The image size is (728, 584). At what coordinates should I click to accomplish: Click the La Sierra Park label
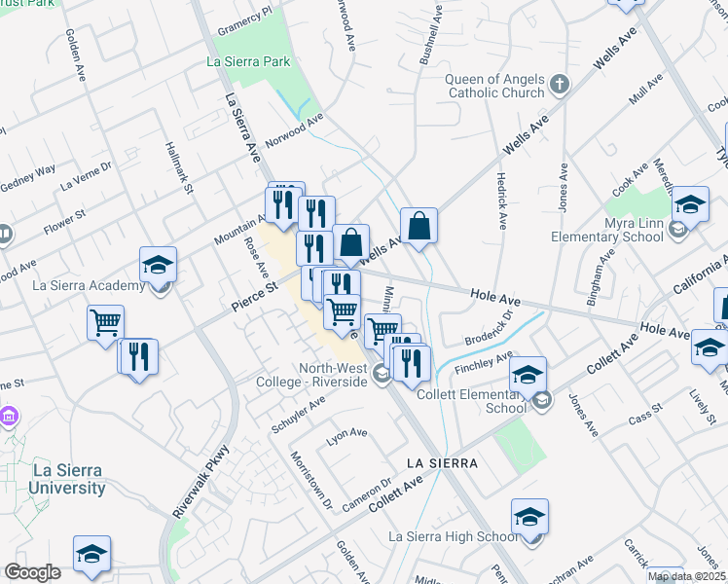(x=249, y=61)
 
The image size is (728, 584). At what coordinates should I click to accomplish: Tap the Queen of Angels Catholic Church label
(x=495, y=87)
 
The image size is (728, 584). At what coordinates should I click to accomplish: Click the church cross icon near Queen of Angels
(x=559, y=85)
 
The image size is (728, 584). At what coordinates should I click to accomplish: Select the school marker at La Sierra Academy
(x=158, y=265)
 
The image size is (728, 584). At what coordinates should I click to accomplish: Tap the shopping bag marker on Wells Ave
(x=419, y=226)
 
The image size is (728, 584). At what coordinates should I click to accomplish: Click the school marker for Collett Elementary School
(x=528, y=375)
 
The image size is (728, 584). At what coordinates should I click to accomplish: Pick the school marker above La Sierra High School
(x=529, y=517)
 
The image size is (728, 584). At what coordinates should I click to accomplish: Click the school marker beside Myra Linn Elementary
(x=690, y=204)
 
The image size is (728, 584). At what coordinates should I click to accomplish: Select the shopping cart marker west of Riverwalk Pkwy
(x=105, y=321)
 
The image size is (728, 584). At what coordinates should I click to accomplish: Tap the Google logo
(x=32, y=572)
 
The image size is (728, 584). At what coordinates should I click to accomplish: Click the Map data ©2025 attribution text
(x=686, y=576)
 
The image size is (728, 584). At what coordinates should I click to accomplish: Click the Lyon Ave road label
(x=346, y=434)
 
